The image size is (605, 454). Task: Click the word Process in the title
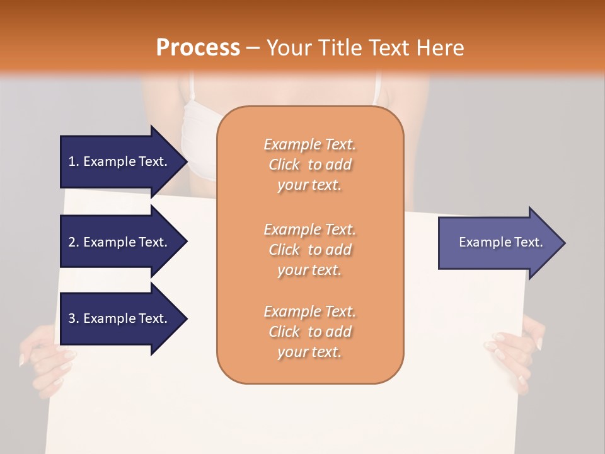(x=197, y=48)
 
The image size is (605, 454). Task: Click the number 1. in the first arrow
(x=74, y=161)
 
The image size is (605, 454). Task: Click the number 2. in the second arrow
(x=74, y=242)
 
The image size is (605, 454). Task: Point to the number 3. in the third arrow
(x=74, y=318)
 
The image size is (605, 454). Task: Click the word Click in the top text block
(x=284, y=165)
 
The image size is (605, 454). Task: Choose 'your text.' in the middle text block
(x=309, y=271)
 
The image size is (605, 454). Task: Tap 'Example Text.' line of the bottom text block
(x=309, y=311)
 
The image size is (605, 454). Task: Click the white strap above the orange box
(x=377, y=88)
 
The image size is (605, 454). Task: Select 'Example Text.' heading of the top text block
(x=309, y=144)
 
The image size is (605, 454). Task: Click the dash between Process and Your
(x=253, y=48)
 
